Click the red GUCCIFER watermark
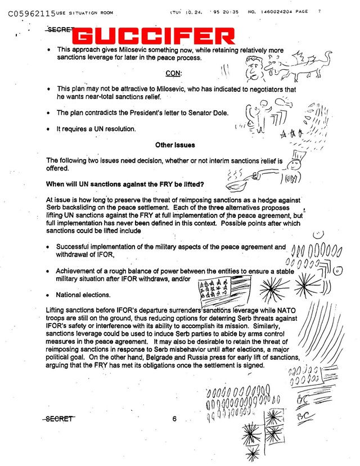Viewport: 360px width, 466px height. (x=155, y=37)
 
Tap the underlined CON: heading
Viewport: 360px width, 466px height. (x=174, y=73)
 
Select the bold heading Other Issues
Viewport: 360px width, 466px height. (x=175, y=145)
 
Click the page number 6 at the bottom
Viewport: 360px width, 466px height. (x=175, y=419)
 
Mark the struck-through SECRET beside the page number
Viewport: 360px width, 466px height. (x=60, y=419)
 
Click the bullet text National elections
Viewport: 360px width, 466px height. (x=83, y=295)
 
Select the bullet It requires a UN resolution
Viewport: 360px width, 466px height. (x=96, y=129)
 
